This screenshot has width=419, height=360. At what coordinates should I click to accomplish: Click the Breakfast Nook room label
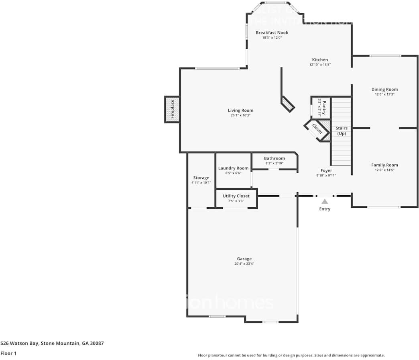272,33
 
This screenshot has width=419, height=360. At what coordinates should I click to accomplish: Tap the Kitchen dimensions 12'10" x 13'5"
320,65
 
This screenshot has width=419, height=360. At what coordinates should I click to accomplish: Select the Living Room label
240,110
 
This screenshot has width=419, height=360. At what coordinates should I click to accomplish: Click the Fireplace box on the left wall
172,109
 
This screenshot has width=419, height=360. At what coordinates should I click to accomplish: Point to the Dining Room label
384,90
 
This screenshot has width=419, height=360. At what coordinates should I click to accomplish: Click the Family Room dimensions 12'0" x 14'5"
384,170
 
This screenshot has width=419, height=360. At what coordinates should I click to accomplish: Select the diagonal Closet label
317,129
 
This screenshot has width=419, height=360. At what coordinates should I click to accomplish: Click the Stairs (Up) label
341,131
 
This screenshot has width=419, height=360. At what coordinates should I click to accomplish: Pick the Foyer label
326,171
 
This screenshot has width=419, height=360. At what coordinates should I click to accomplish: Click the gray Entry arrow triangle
324,202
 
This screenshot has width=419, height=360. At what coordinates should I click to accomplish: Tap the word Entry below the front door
324,209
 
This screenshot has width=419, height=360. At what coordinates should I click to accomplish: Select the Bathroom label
274,158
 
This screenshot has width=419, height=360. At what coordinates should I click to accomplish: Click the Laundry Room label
233,168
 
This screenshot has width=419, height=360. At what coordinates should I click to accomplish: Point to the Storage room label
201,178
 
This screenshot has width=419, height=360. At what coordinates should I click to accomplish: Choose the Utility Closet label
236,196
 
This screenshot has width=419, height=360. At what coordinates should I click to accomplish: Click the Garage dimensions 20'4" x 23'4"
244,264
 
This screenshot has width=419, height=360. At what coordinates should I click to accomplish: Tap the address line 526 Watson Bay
52,344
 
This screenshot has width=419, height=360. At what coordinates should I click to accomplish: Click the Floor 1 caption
8,354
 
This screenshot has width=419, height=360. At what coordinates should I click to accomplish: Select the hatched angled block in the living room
288,104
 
